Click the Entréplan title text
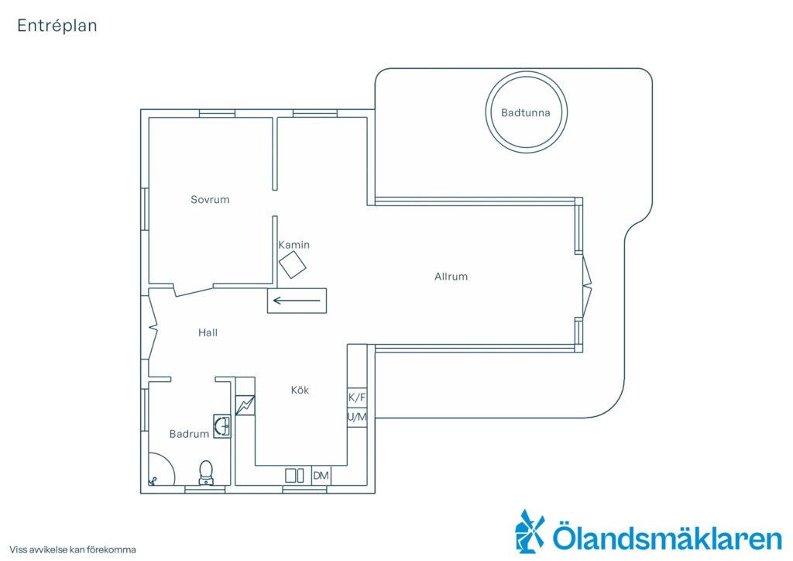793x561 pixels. [57, 26]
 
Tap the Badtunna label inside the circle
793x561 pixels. [526, 113]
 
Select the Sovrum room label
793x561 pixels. [210, 199]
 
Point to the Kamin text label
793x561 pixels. [294, 245]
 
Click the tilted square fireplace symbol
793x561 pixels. [293, 264]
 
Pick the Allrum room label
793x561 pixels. [451, 276]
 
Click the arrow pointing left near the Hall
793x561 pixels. [297, 301]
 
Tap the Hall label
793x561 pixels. [208, 332]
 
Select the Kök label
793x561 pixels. [300, 390]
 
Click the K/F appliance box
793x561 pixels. [357, 398]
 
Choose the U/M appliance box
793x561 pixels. [357, 418]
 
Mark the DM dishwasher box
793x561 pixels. [321, 476]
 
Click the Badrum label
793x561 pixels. [189, 433]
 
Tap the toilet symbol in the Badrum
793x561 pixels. [206, 473]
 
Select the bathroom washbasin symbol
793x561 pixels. [222, 426]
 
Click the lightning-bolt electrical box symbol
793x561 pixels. [245, 405]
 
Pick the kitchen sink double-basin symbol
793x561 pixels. [294, 476]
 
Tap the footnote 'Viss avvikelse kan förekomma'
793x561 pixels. [73, 549]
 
